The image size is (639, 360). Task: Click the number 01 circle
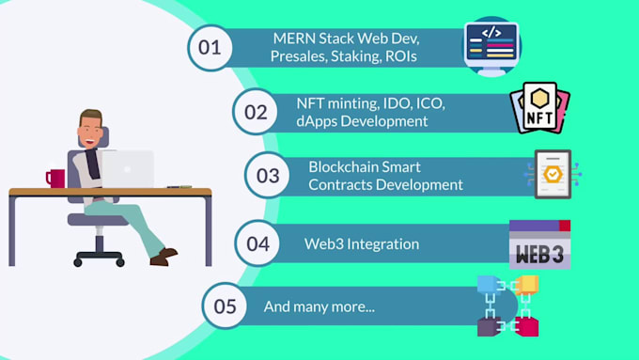(x=210, y=47)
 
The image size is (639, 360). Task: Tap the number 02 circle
(x=256, y=112)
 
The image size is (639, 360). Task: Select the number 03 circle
(x=268, y=176)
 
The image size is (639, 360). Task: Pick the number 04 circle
(x=257, y=243)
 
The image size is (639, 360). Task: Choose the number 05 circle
(x=226, y=307)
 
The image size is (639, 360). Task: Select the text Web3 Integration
(x=362, y=244)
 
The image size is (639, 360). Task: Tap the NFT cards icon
(x=540, y=108)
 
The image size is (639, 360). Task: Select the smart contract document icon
(x=553, y=174)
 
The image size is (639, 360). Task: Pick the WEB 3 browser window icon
(x=539, y=244)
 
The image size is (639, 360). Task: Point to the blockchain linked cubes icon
(x=507, y=305)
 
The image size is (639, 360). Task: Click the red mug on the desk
(x=55, y=178)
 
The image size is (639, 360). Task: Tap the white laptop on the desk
(x=129, y=168)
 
